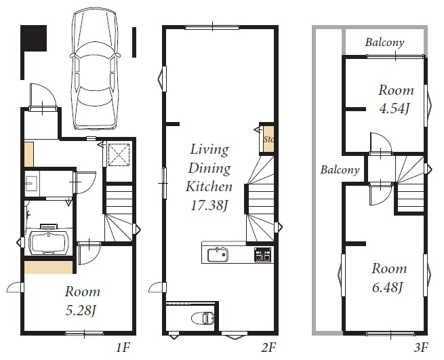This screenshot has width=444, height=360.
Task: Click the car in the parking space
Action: [95, 69]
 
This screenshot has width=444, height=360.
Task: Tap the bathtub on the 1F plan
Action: [49, 243]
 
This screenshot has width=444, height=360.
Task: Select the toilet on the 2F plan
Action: [203, 318]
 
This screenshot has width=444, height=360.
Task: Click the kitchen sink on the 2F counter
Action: [218, 255]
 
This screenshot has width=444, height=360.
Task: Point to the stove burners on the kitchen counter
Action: [262, 254]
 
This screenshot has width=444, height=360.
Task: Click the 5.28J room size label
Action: [80, 311]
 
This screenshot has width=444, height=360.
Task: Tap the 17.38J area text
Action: [209, 205]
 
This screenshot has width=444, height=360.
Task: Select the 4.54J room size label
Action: [394, 108]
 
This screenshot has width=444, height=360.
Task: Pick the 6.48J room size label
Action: [387, 287]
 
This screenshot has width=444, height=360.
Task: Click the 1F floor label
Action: [123, 347]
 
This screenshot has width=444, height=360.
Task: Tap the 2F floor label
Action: [268, 347]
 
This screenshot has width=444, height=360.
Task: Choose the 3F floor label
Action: [421, 347]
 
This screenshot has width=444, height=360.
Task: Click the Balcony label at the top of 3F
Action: [384, 43]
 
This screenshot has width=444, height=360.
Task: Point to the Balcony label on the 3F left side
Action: [340, 169]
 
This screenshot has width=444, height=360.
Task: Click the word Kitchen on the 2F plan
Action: [209, 186]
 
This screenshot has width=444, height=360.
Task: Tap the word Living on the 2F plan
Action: [209, 149]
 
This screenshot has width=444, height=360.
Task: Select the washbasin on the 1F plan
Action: [31, 184]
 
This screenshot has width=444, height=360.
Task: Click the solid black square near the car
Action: [33, 38]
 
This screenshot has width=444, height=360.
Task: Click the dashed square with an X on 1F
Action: [119, 155]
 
